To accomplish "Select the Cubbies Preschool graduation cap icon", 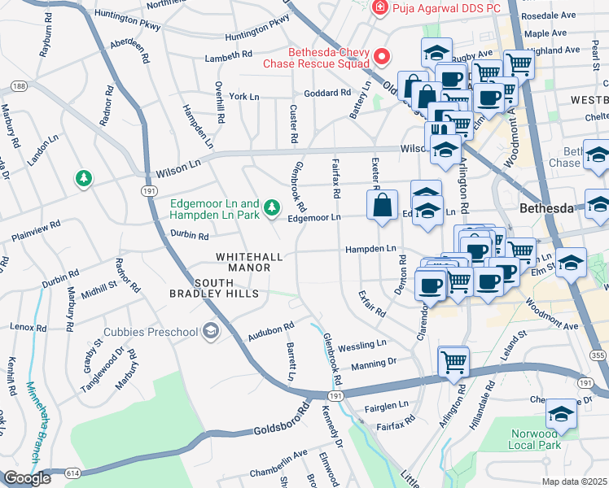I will pos(211,330).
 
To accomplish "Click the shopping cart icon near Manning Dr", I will pos(453,361).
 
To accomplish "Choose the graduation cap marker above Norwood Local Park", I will pos(561,415).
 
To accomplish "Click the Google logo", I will pos(27,478).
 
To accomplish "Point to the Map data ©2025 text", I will pos(575,481).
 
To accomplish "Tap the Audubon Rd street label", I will pos(270,330).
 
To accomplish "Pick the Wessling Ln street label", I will pos(362,345).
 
